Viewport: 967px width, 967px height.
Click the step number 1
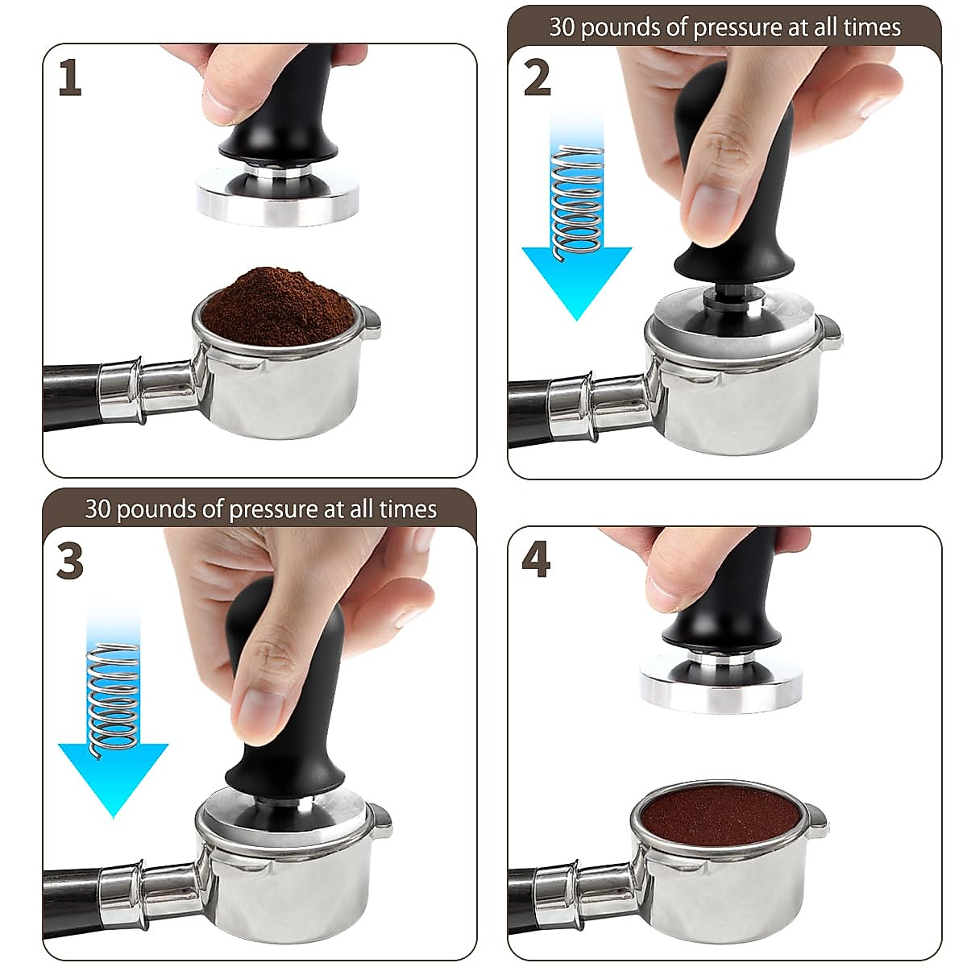coord(70,79)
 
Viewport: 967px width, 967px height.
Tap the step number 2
coord(537,79)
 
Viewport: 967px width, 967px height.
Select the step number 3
coord(70,561)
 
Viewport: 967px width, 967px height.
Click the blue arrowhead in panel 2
coord(576,278)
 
